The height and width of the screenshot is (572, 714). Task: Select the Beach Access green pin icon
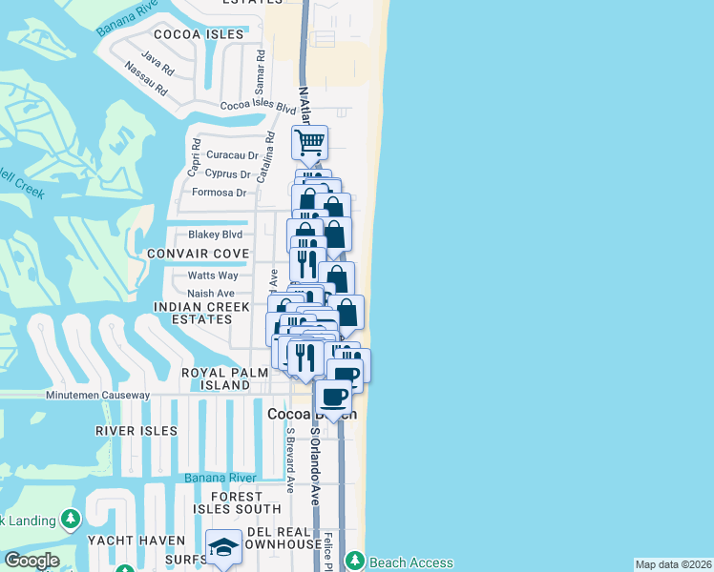point(354,559)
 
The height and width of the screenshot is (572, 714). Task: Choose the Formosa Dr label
point(220,193)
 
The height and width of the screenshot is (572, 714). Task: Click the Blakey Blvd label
point(217,235)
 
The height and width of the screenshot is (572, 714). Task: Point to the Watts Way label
point(212,276)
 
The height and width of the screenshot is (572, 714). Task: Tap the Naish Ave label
point(211,294)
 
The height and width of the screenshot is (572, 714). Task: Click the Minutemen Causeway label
point(98,395)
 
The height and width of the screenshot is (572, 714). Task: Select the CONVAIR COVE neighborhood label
point(198,254)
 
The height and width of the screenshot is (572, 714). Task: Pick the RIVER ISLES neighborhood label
point(136,431)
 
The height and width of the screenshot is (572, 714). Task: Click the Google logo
point(31,561)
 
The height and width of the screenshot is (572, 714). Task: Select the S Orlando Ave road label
point(313,467)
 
